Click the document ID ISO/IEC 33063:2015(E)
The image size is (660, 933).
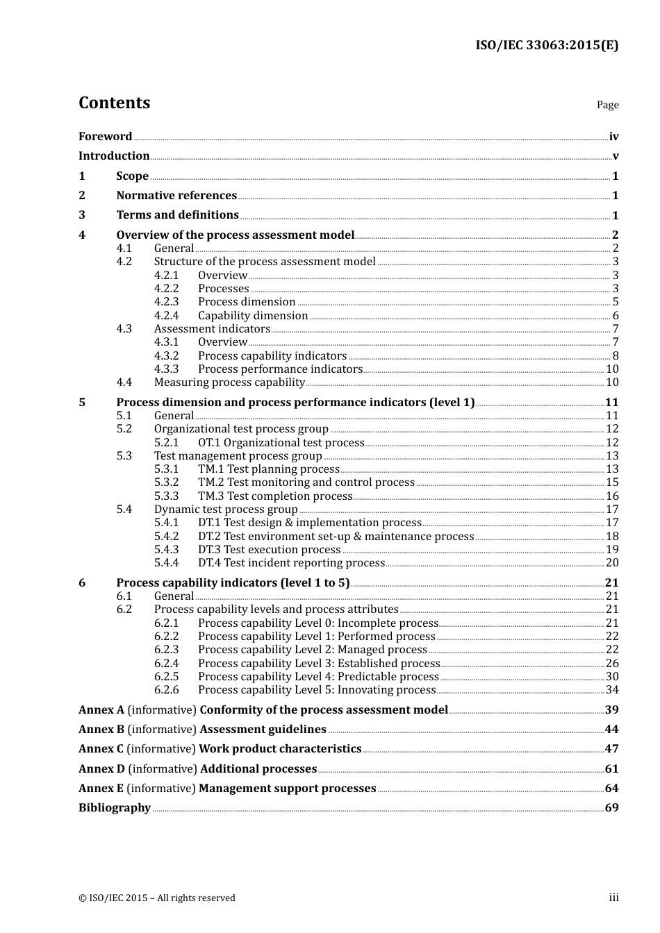click(x=546, y=45)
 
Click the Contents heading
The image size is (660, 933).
click(x=114, y=103)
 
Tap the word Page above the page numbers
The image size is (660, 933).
click(x=607, y=105)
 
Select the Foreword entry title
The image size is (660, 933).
click(x=105, y=137)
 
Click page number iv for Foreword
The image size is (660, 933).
click(x=613, y=137)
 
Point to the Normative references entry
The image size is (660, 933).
click(x=176, y=196)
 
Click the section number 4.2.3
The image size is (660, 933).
click(x=166, y=302)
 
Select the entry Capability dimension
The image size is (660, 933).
click(x=253, y=316)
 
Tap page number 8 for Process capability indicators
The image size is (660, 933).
click(x=615, y=356)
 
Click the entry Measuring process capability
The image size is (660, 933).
click(x=229, y=383)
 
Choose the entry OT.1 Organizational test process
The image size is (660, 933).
click(x=281, y=443)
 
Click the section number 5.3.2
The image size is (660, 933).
click(x=166, y=482)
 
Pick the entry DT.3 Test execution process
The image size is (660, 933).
click(x=269, y=550)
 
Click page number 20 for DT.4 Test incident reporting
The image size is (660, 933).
click(x=612, y=563)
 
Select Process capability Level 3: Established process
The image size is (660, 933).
click(x=319, y=664)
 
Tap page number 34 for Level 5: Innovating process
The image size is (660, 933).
click(x=612, y=690)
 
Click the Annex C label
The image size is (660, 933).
click(x=101, y=749)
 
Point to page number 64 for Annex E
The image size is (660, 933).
click(x=611, y=789)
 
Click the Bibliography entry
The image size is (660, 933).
click(x=115, y=808)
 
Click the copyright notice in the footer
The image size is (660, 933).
click(x=157, y=898)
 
